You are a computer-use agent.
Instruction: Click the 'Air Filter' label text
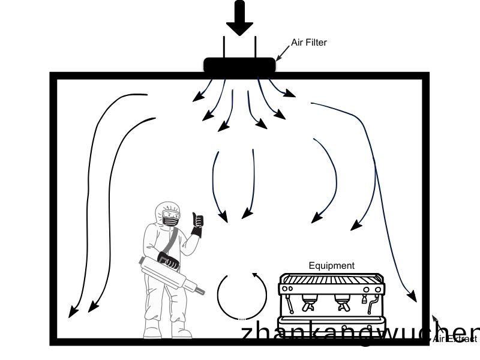(308, 43)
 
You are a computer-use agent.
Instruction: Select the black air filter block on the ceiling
(239, 65)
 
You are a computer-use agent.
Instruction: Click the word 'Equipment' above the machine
(331, 265)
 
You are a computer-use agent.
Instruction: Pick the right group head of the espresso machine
(343, 303)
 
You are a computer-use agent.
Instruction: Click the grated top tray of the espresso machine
(331, 279)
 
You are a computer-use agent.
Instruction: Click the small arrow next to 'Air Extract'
(436, 322)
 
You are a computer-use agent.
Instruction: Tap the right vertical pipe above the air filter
(256, 47)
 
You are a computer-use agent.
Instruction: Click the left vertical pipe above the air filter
(224, 47)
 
